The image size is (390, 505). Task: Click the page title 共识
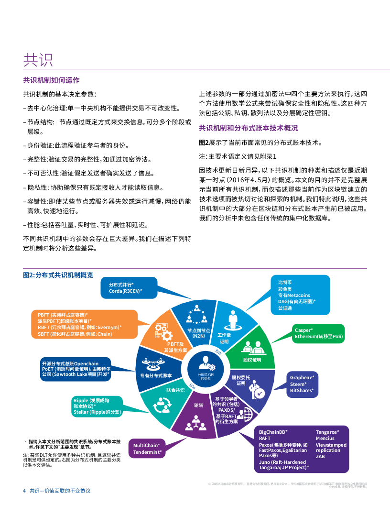38,60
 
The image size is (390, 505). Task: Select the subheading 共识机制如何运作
51,80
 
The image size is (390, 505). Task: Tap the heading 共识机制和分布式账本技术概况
248,128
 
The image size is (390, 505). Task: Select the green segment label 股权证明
252,359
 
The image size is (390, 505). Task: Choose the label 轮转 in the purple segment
198,406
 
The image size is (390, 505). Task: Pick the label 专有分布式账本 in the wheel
156,375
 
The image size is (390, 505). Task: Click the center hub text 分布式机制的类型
206,376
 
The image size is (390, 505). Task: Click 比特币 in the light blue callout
285,283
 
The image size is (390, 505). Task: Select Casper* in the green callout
303,330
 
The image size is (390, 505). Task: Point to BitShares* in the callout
302,391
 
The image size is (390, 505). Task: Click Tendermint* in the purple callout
147,452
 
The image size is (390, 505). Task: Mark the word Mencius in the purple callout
325,439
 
